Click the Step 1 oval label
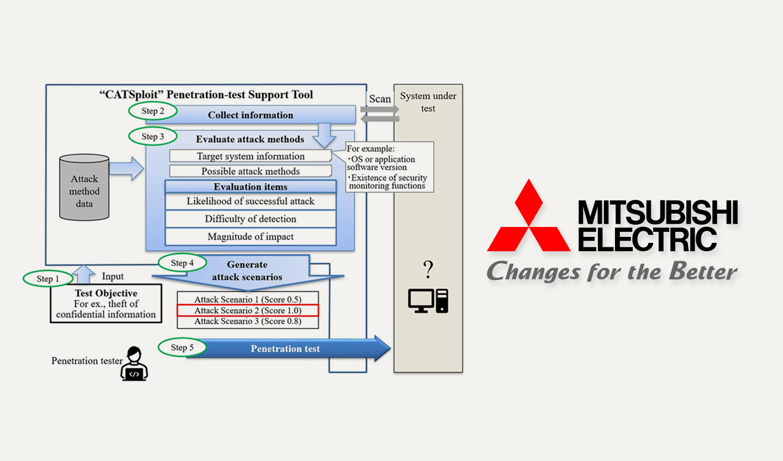48,279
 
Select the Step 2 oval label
153,111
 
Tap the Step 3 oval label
153,136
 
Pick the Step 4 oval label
182,263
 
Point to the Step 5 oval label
182,347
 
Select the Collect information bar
250,115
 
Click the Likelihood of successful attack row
250,202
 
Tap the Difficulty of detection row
250,219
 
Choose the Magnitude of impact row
250,237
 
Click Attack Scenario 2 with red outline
248,310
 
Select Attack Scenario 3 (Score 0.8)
248,321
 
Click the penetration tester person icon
134,364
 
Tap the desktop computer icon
428,301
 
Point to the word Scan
380,99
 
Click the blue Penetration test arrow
287,348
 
